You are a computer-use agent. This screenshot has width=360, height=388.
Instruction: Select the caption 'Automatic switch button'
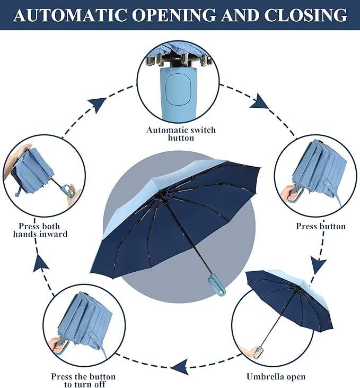tap(181, 134)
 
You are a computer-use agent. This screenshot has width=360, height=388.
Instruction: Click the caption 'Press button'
tap(321, 227)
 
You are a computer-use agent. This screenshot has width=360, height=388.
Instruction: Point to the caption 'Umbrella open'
tap(276, 377)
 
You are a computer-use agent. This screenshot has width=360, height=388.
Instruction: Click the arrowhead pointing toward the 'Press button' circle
tap(260, 101)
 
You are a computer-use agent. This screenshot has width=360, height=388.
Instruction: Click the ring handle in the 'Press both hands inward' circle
tap(67, 190)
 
